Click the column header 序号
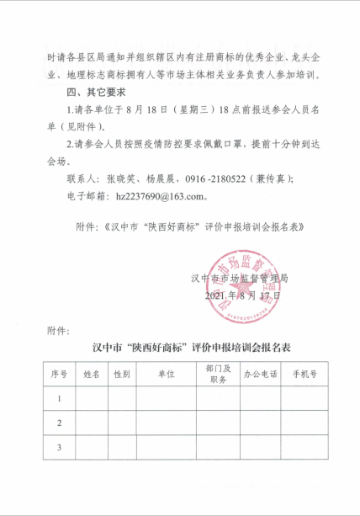(59, 374)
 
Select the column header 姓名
(92, 374)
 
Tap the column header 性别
(122, 374)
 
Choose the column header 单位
(166, 374)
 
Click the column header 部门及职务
(217, 374)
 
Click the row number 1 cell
(59, 398)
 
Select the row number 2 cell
(59, 423)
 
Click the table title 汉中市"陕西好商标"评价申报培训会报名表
(180, 347)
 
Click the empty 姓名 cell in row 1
(92, 398)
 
